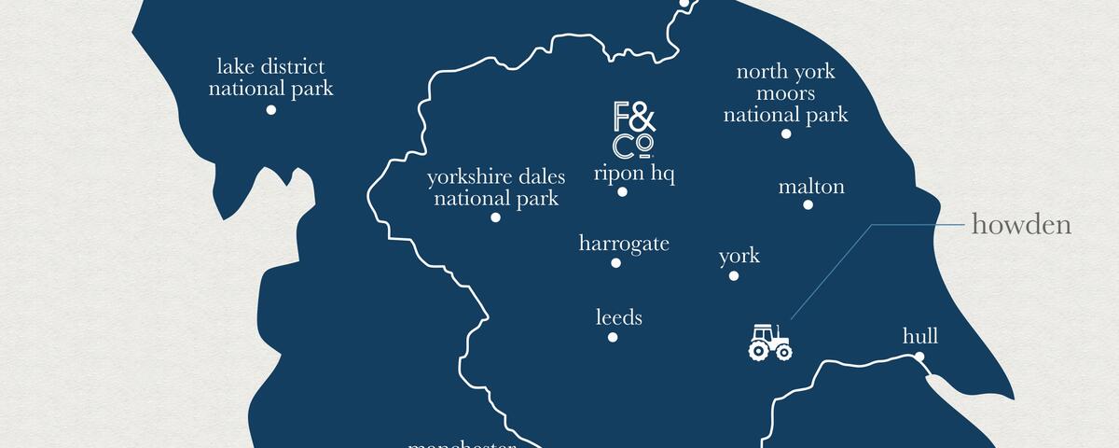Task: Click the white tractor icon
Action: (769, 342)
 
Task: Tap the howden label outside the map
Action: (1021, 225)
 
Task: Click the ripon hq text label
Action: (634, 174)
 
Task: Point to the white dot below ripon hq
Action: (622, 192)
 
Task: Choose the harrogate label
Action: (624, 245)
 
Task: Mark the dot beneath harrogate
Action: (615, 263)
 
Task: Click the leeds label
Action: (619, 318)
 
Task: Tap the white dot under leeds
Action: (613, 337)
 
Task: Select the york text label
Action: (739, 257)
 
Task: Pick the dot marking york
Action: (734, 275)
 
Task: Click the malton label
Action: (811, 187)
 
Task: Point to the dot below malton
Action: (808, 204)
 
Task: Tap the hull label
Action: (919, 337)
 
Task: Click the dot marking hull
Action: (919, 357)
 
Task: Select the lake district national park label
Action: (270, 77)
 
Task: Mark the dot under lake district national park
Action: (271, 109)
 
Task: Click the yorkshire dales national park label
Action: (496, 188)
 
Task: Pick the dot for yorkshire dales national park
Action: (495, 217)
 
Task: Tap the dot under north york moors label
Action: (786, 133)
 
